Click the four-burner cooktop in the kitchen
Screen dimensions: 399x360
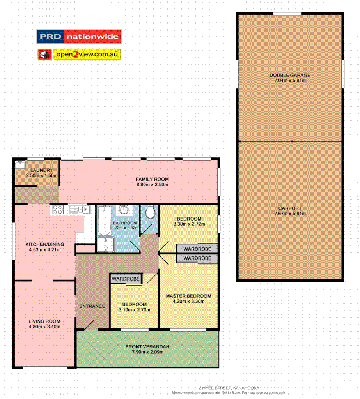[x=57, y=210]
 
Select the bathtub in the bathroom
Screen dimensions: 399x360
[x=104, y=221]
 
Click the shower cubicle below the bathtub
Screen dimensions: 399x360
[x=105, y=244]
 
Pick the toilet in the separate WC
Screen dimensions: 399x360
[x=150, y=213]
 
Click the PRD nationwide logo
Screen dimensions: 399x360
[x=79, y=37]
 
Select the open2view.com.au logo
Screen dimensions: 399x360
[x=79, y=55]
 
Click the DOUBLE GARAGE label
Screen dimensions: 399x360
[x=289, y=75]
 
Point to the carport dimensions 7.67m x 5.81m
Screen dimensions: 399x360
[x=289, y=214]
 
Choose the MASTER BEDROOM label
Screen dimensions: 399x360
[x=188, y=296]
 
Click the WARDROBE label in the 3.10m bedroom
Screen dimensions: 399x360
[x=126, y=279]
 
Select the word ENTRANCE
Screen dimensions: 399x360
[x=92, y=306]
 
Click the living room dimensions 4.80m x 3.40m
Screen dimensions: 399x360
[x=44, y=327]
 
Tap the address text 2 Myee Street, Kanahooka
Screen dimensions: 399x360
[x=229, y=388]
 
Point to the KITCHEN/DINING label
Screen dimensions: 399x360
[x=45, y=244]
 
